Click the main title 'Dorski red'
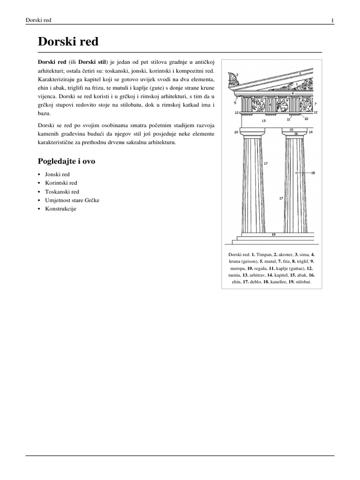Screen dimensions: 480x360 click(68, 42)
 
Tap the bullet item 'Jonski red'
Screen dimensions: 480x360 click(57, 174)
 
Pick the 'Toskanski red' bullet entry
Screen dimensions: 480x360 click(62, 192)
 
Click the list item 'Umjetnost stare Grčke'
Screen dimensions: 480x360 click(72, 200)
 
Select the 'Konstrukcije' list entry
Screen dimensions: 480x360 click(60, 209)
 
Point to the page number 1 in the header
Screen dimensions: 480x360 click(332, 20)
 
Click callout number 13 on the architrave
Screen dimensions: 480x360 click(263, 120)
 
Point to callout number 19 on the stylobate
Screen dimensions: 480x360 click(273, 234)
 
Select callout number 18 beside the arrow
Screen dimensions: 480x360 click(313, 173)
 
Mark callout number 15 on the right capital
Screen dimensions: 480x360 click(291, 129)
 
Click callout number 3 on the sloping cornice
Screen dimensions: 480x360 click(300, 73)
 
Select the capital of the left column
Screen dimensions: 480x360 click(253, 135)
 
